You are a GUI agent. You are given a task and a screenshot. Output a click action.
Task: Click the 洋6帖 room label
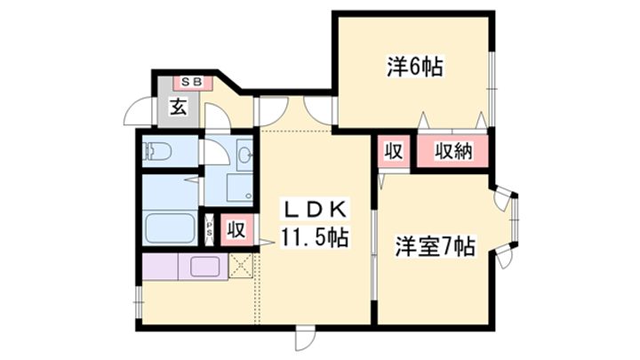[415, 66]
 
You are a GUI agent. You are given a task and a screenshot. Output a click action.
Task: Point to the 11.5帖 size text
[311, 237]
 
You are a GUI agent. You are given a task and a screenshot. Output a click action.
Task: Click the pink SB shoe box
[192, 83]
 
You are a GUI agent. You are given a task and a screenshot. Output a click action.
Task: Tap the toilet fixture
[160, 151]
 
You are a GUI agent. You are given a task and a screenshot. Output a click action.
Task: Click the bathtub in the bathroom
[169, 228]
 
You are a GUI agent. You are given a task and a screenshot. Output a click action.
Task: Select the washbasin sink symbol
[244, 156]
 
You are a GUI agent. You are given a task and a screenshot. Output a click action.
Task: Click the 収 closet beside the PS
[235, 229]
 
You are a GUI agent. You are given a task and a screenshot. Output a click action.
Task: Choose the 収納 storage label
[453, 150]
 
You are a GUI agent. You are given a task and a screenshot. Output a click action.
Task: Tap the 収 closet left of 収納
[392, 150]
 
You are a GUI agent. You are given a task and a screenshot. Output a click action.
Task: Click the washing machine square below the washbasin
[239, 188]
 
